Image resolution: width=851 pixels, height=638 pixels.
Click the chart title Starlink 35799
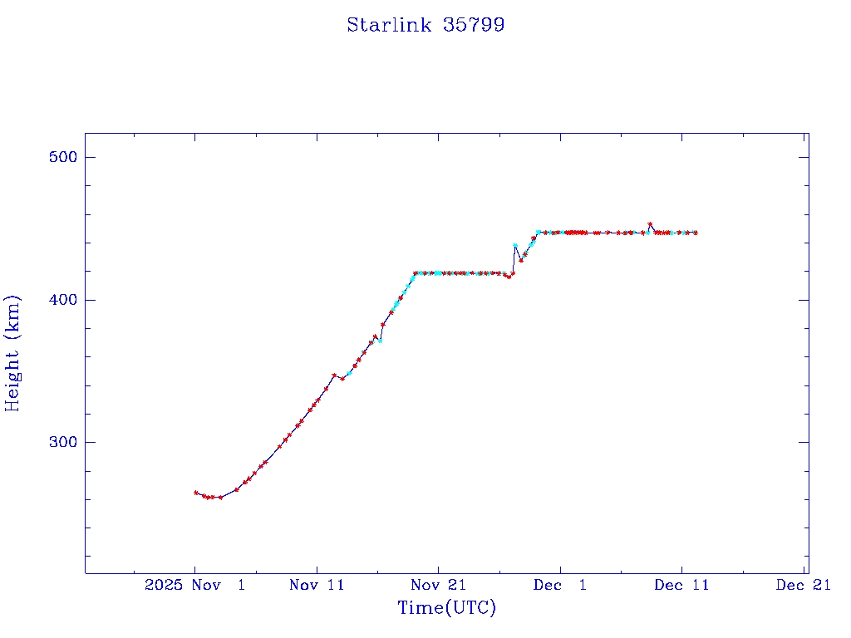point(425,25)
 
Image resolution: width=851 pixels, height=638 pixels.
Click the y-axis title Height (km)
point(12,353)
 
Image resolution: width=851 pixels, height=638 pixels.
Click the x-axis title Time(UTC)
point(446,608)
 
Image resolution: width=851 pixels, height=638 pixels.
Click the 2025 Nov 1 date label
point(195,585)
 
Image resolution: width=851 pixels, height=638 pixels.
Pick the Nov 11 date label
point(317,585)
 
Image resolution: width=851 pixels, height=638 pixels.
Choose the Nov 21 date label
point(438,585)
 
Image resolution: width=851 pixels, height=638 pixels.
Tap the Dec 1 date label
point(559,585)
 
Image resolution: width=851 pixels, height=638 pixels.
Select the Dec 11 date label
point(681,585)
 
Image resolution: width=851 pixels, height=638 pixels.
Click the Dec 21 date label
point(803,585)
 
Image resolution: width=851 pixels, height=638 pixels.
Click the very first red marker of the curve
point(195,493)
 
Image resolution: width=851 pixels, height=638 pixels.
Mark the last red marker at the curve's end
point(696,233)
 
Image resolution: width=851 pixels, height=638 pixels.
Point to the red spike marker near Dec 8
point(650,224)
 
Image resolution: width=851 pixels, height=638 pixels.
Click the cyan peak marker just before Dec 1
point(515,245)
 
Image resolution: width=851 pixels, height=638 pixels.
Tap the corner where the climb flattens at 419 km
point(416,272)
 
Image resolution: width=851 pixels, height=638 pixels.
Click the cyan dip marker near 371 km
point(380,341)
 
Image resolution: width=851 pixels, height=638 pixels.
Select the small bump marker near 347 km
point(334,375)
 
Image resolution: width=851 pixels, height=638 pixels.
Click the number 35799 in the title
point(474,25)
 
